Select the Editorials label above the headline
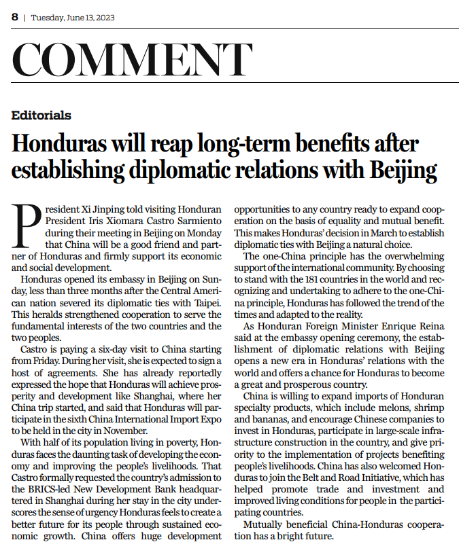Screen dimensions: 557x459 (x=41, y=115)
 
